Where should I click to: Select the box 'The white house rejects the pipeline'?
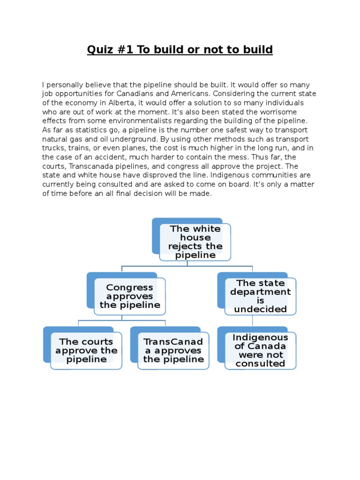point(195,242)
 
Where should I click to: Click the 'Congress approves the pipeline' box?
point(130,296)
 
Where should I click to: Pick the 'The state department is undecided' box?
point(260,296)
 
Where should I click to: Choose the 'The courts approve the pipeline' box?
point(86,351)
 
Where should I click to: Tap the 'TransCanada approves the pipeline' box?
point(173,351)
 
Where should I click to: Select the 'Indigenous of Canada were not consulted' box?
point(260,351)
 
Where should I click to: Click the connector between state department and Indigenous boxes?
point(253,321)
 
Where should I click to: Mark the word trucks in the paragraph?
point(52,147)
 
